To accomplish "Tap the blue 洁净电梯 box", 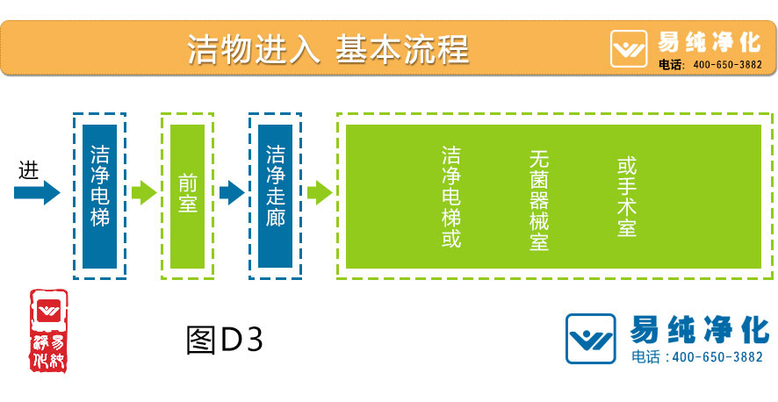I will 100,196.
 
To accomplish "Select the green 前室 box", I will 187,196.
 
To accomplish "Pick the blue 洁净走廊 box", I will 275,196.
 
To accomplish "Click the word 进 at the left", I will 29,169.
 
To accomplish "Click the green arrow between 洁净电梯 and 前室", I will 143,191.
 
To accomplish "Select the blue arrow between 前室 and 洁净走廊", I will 231,191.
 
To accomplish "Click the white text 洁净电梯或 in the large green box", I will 451,197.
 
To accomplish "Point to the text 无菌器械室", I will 538,200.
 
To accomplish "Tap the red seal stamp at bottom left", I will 48,329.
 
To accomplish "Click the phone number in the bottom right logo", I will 698,356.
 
